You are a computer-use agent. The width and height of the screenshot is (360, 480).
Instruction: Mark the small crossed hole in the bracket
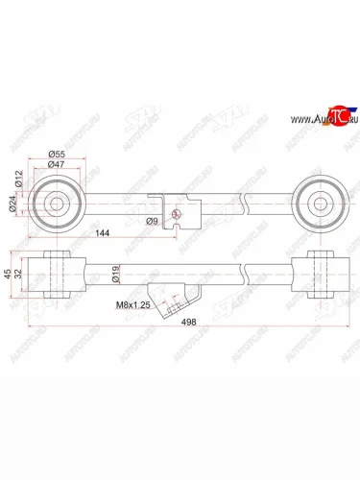175,212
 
